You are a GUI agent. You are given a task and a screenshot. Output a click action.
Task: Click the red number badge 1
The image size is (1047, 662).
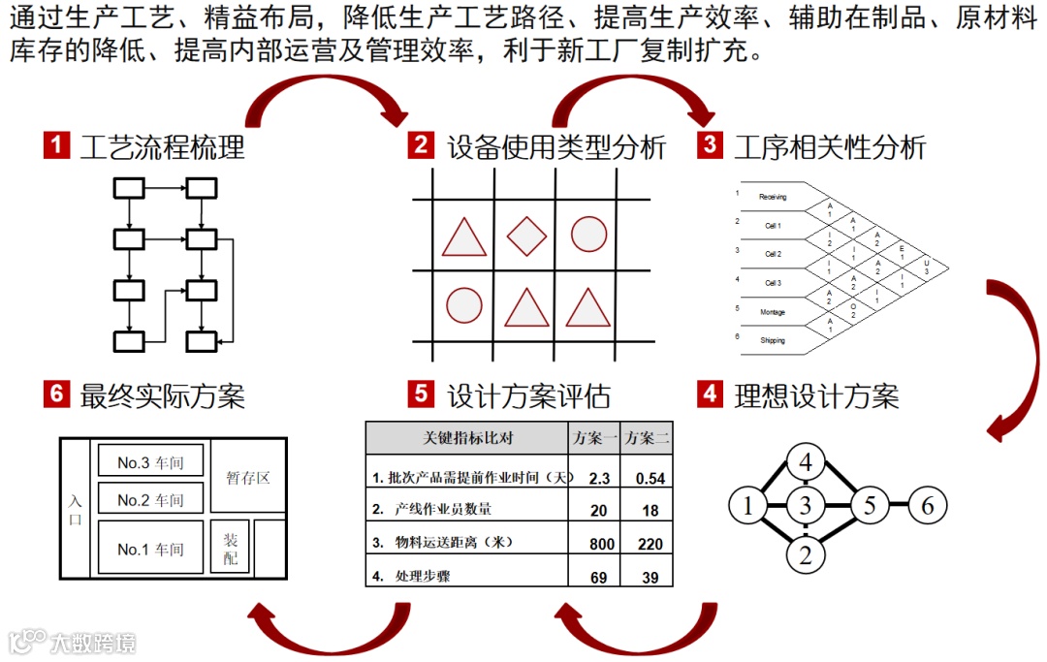(57, 146)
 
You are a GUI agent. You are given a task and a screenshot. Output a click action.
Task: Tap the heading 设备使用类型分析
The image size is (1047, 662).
(556, 147)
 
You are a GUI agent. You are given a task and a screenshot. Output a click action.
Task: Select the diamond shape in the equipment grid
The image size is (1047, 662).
(526, 236)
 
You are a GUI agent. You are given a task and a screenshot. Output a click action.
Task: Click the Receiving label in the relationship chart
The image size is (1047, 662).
(773, 197)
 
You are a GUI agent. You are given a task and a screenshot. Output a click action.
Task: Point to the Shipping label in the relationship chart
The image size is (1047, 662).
(773, 340)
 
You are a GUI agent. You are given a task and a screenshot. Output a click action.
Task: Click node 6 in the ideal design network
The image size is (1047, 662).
(927, 505)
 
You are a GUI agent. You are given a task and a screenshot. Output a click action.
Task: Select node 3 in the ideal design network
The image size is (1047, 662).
(805, 505)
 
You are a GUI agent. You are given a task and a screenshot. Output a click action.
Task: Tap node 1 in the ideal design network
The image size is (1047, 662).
(747, 505)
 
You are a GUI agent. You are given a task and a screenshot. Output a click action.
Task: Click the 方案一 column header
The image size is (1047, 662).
(595, 438)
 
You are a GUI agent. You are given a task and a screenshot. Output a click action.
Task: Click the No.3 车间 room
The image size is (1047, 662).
(150, 463)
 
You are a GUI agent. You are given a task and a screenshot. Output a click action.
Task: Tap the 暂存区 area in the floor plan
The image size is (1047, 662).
(248, 478)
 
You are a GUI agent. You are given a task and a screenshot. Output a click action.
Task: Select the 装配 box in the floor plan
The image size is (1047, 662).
(231, 549)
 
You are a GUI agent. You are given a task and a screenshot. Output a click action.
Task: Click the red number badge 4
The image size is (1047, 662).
(711, 394)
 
